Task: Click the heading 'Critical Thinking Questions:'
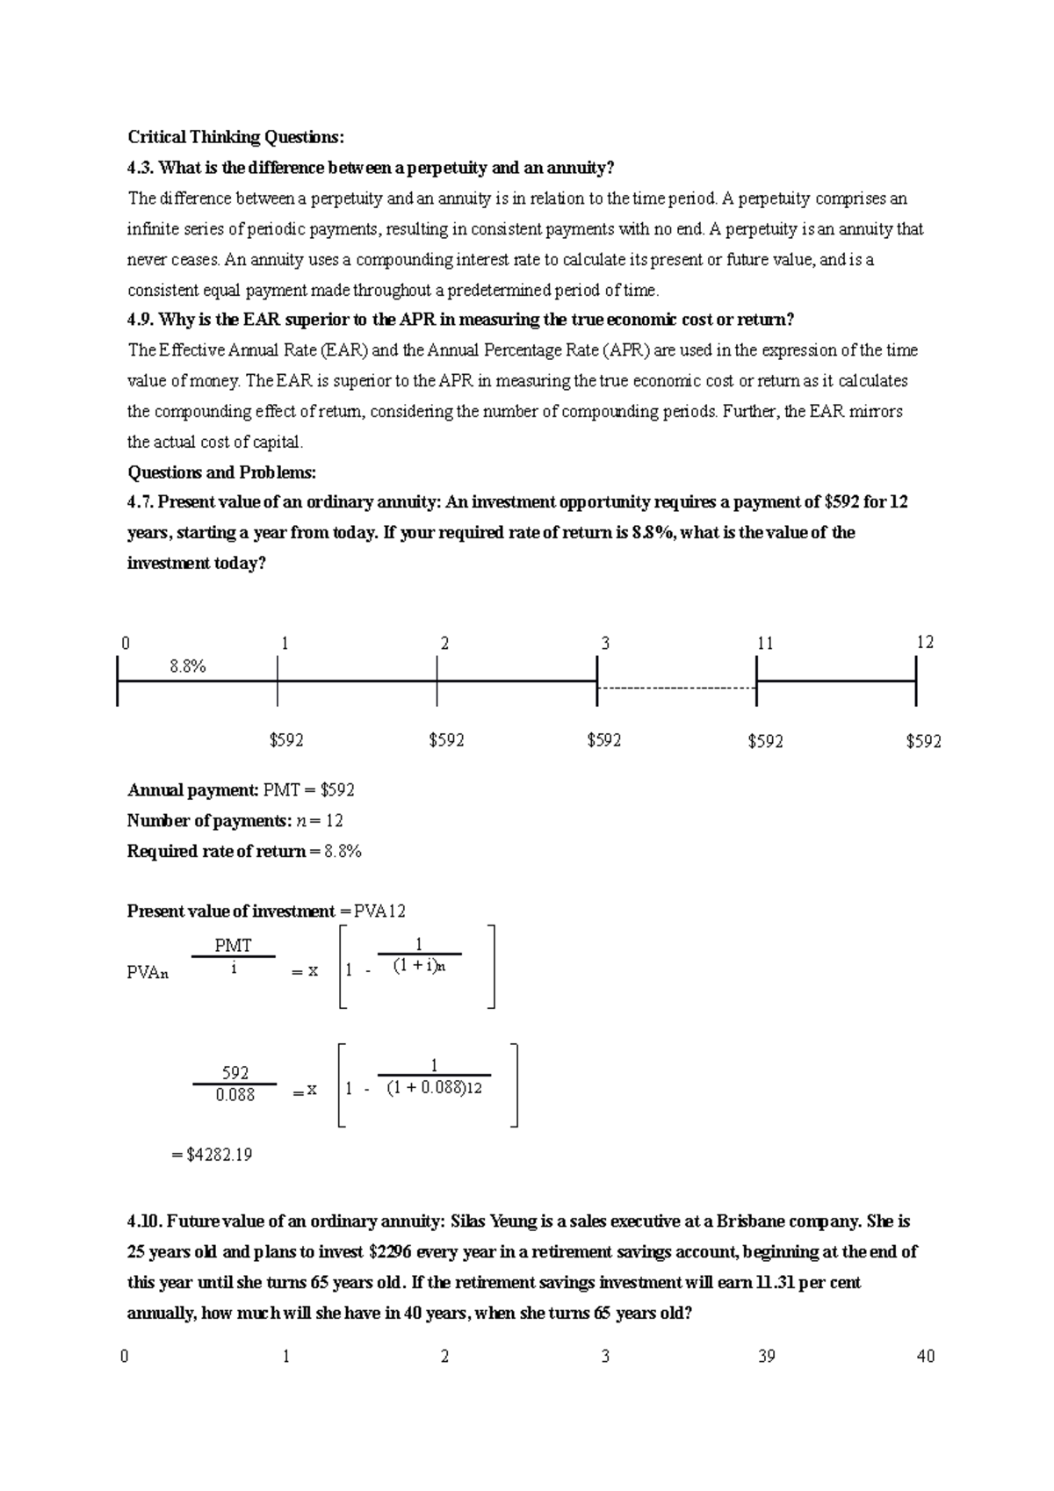click(x=236, y=137)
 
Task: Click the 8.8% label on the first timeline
click(x=187, y=666)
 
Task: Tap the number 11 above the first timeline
click(x=765, y=644)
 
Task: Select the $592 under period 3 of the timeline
click(x=604, y=740)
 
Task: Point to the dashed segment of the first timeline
click(x=676, y=688)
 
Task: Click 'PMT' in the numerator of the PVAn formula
click(x=233, y=946)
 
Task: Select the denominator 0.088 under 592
click(x=235, y=1095)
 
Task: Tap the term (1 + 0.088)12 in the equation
click(x=435, y=1088)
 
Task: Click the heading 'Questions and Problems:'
click(x=221, y=472)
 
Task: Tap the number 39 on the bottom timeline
click(x=766, y=1357)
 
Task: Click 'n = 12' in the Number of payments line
click(x=321, y=821)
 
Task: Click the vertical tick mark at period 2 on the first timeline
click(x=437, y=681)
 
